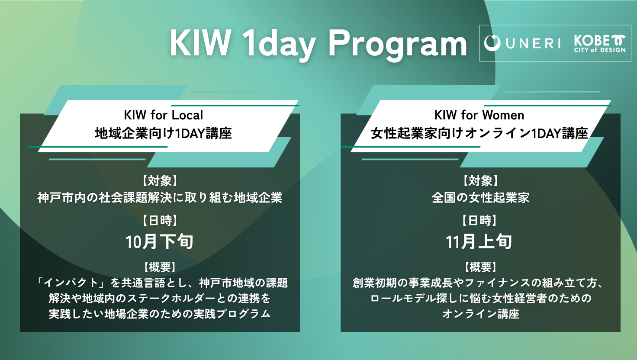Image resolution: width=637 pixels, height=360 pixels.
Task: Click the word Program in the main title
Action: point(398,45)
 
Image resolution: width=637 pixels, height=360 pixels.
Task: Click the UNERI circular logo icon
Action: point(492,43)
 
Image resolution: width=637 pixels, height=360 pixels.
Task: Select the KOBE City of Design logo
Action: point(600,44)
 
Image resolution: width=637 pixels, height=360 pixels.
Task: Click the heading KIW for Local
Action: point(164,115)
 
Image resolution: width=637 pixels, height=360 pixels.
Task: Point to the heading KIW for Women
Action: point(479,115)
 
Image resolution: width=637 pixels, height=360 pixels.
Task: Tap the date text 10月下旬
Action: point(160,242)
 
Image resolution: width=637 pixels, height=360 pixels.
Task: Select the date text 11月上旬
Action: point(479,242)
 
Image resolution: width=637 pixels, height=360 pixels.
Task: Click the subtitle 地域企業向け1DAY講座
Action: point(164,133)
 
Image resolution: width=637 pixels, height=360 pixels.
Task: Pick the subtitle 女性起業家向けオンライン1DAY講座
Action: point(479,133)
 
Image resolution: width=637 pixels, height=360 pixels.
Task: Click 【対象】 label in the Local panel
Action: point(160,181)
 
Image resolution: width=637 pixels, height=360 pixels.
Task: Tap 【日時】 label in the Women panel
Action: point(479,220)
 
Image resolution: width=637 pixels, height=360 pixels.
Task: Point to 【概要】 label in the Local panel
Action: point(160,267)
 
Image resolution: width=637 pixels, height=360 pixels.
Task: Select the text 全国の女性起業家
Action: point(480,198)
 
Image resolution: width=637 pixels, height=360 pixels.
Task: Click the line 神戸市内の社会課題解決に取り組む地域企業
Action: point(160,198)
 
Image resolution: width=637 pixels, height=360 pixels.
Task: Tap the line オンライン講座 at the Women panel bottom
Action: point(481,314)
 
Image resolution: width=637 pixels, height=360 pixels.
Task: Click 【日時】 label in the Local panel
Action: point(160,220)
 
